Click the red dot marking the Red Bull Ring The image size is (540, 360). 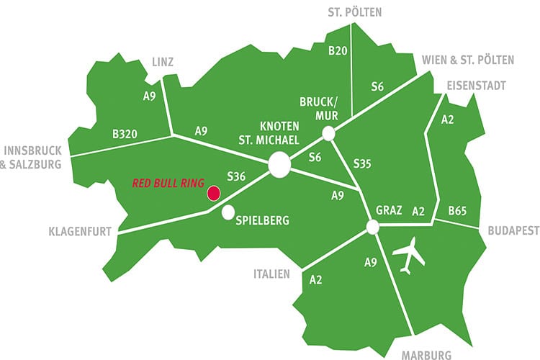point(213,192)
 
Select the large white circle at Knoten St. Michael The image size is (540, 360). point(279,166)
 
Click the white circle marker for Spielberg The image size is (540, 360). point(228,212)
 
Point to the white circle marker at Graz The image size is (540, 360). point(373,227)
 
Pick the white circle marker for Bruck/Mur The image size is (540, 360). point(328,133)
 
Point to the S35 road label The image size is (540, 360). point(362,164)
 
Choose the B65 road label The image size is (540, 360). point(458,212)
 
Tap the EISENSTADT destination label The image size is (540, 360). point(475,86)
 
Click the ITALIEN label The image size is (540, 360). point(271,274)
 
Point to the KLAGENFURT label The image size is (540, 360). point(79,233)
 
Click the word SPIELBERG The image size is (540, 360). point(263,221)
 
